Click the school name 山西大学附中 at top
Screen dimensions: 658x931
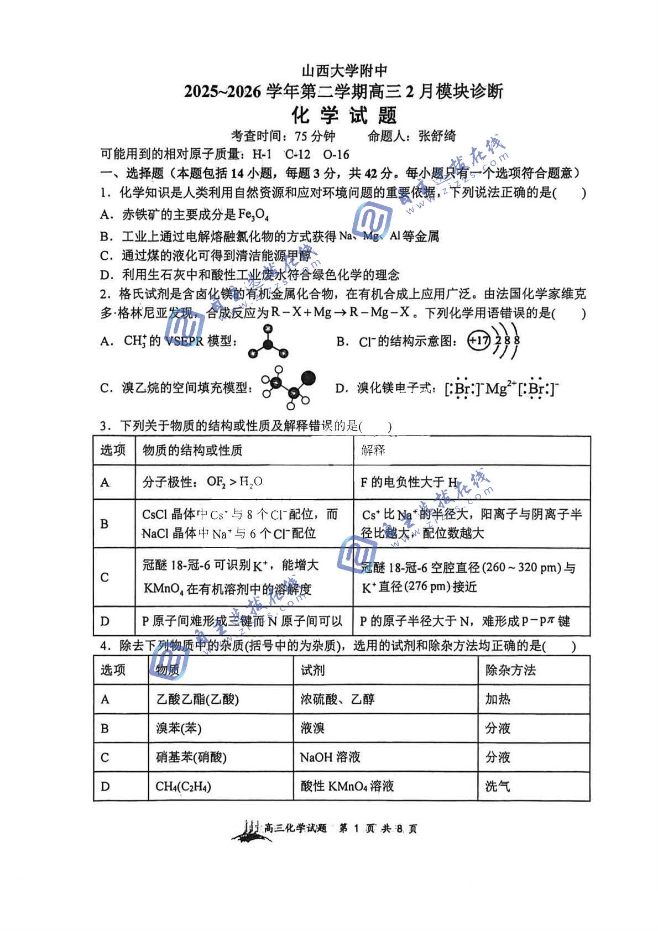pyautogui.click(x=344, y=71)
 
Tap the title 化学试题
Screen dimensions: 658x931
pyautogui.click(x=344, y=116)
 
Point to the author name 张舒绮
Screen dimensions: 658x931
pyautogui.click(x=437, y=136)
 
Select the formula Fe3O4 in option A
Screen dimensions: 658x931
pyautogui.click(x=253, y=215)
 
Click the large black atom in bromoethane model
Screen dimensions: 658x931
pyautogui.click(x=309, y=378)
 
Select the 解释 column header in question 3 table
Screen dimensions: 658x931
pyautogui.click(x=373, y=450)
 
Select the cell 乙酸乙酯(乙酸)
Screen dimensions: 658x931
pyautogui.click(x=197, y=699)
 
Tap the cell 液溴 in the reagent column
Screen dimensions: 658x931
pyautogui.click(x=312, y=728)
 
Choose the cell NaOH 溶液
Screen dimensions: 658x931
pyautogui.click(x=330, y=757)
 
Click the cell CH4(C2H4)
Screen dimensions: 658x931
pyautogui.click(x=183, y=786)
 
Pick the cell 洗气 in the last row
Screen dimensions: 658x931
pyautogui.click(x=498, y=786)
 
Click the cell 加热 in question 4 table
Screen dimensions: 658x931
pyautogui.click(x=498, y=699)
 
